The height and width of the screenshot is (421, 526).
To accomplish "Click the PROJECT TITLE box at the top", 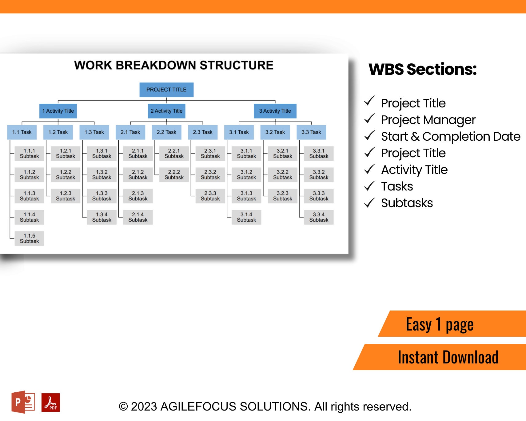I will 166,90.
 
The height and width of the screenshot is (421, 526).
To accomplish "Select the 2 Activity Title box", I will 166,111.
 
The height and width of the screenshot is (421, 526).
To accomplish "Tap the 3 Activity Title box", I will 275,111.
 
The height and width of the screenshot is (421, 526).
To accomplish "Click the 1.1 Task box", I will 22,132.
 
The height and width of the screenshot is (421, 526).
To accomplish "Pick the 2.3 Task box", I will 203,132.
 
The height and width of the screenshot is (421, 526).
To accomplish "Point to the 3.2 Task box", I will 275,132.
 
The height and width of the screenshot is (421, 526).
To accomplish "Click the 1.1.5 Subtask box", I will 29,239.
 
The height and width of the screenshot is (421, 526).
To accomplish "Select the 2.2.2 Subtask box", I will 174,175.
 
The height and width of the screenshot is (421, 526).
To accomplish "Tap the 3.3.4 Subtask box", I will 319,217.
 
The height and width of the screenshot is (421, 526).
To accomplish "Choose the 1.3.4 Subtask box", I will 102,217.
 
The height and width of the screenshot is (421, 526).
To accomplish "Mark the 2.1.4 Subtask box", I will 138,217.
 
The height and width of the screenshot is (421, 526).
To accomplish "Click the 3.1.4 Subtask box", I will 246,217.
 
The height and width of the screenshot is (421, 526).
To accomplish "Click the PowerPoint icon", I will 23,402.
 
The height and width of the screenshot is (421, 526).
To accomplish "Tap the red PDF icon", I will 51,403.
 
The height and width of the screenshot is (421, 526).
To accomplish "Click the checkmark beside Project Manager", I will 369,119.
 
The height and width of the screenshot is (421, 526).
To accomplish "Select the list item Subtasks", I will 407,203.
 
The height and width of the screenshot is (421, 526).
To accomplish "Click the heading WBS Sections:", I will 422,69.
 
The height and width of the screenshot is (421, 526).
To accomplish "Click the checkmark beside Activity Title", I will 369,169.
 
